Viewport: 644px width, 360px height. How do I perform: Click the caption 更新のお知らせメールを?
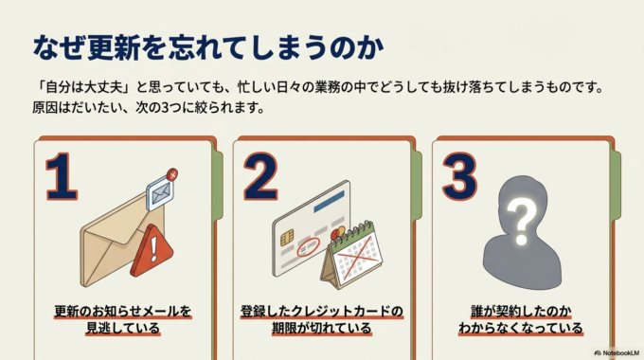(x=121, y=311)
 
